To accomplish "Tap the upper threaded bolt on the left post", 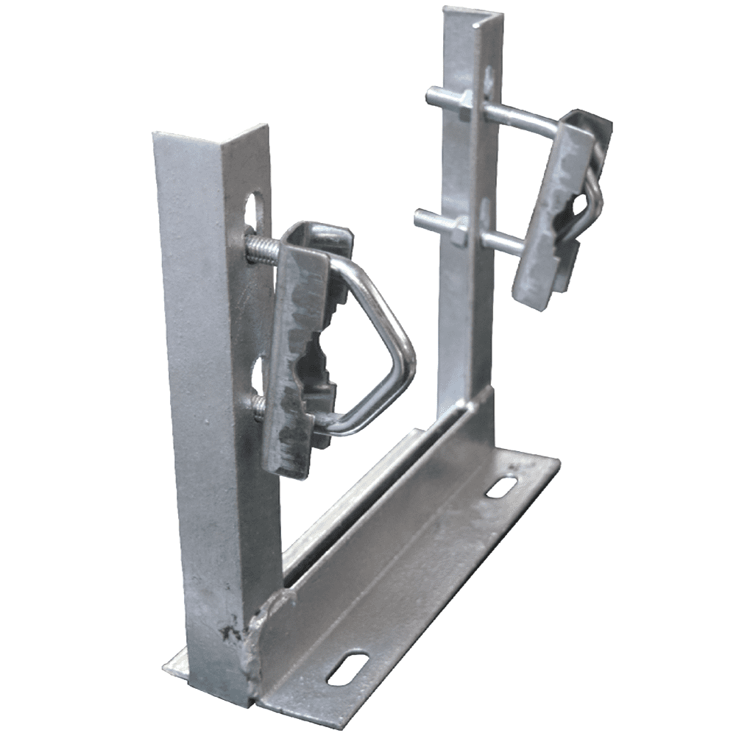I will tap(262, 249).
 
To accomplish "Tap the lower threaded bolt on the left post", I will tap(260, 406).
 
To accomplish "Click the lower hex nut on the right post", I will tap(459, 234).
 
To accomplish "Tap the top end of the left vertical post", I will tap(210, 132).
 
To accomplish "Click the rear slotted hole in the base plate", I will tap(502, 486).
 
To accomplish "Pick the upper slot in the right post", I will tap(489, 77).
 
